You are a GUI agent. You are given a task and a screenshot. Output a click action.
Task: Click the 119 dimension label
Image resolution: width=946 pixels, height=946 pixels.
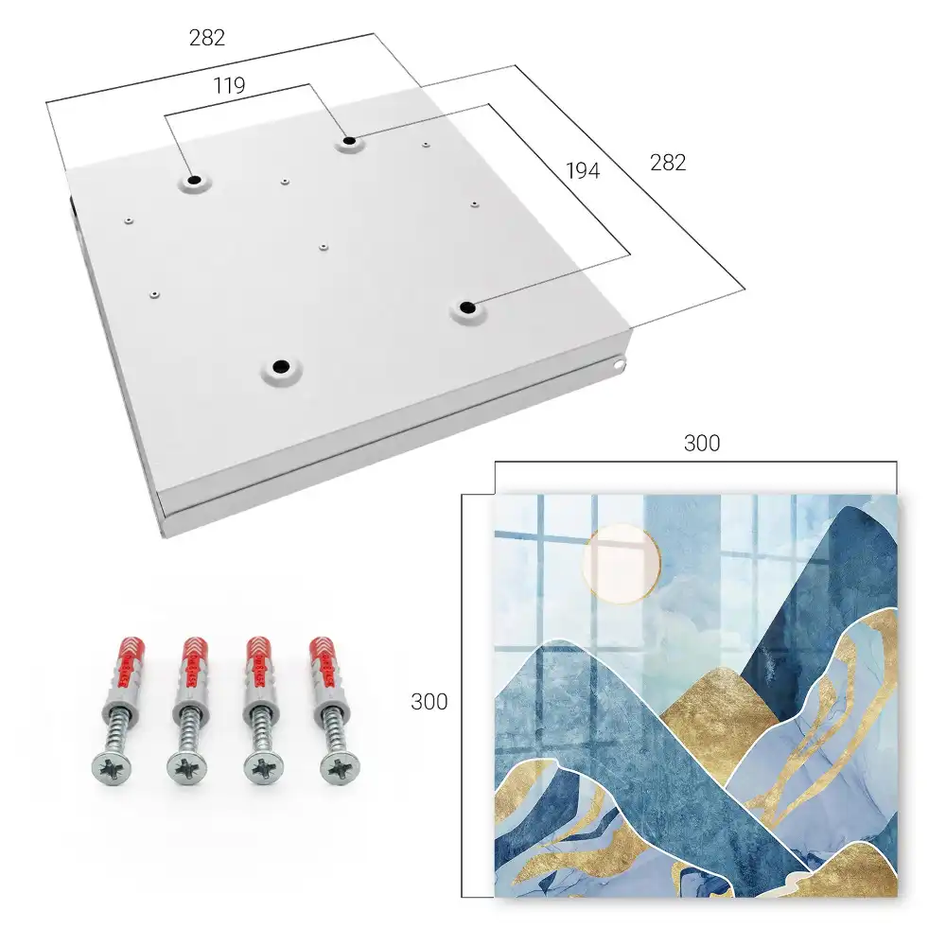tap(229, 86)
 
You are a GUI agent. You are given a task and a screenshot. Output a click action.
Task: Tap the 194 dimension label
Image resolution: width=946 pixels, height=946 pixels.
tap(583, 171)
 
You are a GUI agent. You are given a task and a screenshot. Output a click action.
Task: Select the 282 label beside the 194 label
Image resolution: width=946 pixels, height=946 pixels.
tap(668, 163)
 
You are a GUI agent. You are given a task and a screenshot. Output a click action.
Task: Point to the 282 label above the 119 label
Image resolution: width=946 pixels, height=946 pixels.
tap(207, 38)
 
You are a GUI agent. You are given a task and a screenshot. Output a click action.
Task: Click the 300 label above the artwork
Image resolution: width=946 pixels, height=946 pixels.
tap(702, 444)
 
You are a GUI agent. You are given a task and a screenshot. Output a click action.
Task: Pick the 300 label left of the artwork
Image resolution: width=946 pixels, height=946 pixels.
tap(429, 702)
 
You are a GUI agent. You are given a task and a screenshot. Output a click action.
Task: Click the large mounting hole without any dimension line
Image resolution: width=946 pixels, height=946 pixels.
tap(281, 366)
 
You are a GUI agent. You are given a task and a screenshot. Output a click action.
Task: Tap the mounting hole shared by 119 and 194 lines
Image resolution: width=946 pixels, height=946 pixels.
tap(349, 141)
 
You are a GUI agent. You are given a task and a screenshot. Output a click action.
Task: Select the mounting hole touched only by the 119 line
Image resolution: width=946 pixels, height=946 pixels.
tap(194, 180)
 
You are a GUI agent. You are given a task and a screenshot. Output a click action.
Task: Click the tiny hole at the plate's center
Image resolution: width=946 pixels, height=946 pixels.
tap(324, 246)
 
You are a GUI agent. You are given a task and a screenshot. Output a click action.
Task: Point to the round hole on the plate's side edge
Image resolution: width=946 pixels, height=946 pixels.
tap(619, 364)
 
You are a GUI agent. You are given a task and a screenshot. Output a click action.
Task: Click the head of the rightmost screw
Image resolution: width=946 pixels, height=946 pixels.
tap(338, 769)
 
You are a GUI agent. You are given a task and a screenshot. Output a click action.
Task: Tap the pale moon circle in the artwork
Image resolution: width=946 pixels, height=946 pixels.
tap(622, 564)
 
